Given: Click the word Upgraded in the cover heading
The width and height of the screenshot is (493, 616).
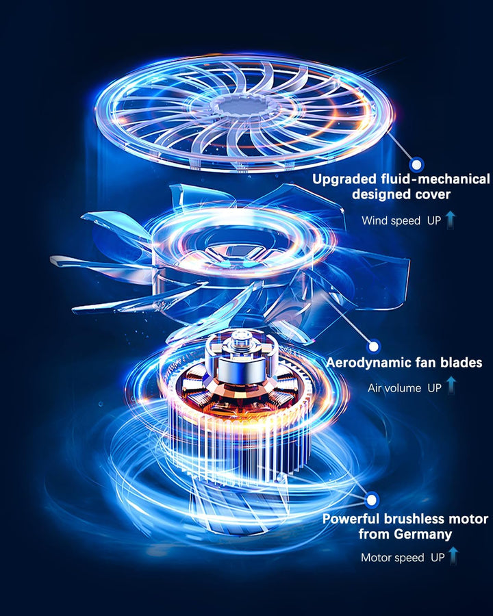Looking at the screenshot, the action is click(x=344, y=179).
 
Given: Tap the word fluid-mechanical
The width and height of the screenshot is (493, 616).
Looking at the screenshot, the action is click(x=435, y=179).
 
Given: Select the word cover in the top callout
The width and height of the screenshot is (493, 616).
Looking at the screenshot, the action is click(x=433, y=194).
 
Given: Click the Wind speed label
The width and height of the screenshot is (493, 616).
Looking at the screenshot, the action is click(x=391, y=221).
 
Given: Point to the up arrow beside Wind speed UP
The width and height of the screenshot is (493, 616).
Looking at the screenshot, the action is click(x=451, y=220).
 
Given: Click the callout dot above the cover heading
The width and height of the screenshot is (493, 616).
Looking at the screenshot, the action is click(x=416, y=164).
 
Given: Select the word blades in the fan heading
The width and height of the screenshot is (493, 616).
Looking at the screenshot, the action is click(x=461, y=362).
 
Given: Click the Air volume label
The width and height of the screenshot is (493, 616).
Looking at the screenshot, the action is click(x=394, y=388).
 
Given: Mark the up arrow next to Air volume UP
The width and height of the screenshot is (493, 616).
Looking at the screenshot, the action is click(x=451, y=385).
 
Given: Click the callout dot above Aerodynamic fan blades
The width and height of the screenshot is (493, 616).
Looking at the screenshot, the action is click(x=373, y=346).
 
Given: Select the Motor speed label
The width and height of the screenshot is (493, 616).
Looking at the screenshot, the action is click(x=392, y=558).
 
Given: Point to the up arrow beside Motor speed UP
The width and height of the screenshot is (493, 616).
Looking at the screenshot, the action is click(x=453, y=556).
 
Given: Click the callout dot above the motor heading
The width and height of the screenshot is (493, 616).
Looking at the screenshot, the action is click(x=371, y=500).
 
